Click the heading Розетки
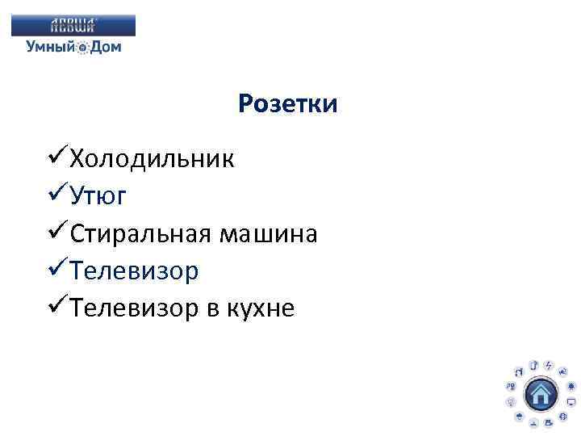[x=288, y=105]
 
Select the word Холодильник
[x=153, y=158]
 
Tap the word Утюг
[x=98, y=196]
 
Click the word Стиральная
[x=139, y=234]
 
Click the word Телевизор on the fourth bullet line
[x=133, y=272]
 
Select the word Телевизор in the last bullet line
[x=133, y=309]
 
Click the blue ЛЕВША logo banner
[x=73, y=26]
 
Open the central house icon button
[x=540, y=395]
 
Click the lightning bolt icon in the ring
[x=548, y=366]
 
